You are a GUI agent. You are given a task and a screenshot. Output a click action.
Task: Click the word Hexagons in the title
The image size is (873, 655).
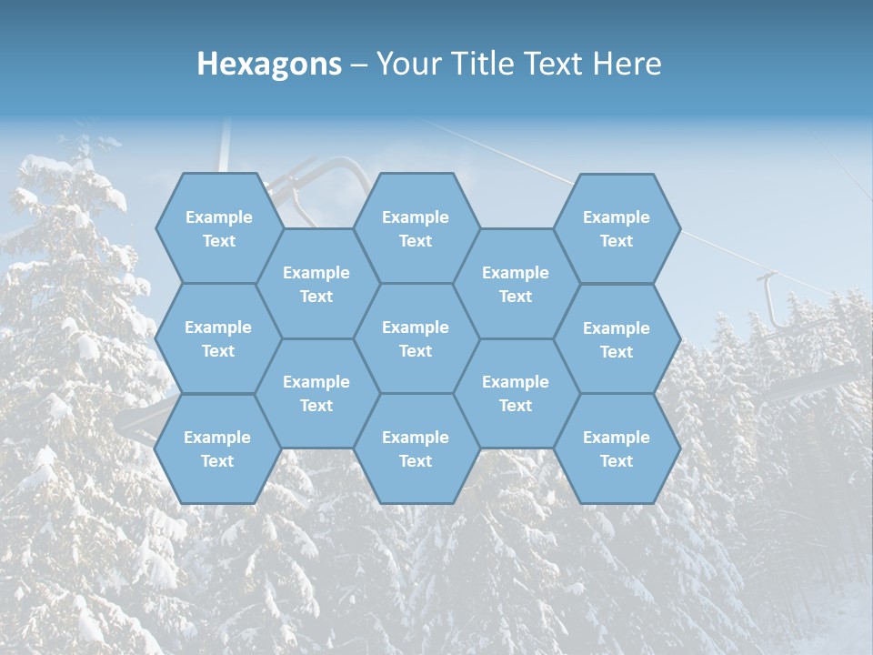(x=269, y=64)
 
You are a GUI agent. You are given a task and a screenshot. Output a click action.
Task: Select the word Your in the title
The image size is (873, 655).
(x=405, y=64)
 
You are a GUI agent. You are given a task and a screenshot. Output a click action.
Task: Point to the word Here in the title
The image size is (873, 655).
(x=627, y=64)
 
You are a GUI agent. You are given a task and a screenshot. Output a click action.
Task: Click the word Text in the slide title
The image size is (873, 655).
(x=554, y=64)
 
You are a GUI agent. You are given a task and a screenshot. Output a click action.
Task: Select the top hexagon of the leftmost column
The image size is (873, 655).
(x=218, y=228)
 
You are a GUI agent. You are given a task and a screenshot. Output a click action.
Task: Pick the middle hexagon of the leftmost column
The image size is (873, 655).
(x=218, y=338)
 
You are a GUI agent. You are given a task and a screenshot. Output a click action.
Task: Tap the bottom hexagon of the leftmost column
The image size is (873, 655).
(x=218, y=448)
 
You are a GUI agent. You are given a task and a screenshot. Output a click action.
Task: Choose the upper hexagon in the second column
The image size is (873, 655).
(x=316, y=284)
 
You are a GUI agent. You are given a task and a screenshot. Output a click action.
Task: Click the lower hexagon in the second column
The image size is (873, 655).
(x=316, y=393)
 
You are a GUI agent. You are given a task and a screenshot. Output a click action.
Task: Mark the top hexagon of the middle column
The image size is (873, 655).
(x=416, y=228)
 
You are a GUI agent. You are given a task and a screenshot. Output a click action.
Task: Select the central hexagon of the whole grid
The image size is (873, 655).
(x=416, y=338)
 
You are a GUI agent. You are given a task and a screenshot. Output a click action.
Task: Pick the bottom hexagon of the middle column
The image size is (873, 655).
(x=416, y=448)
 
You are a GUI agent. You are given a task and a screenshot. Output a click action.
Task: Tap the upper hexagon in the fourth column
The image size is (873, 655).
(x=516, y=284)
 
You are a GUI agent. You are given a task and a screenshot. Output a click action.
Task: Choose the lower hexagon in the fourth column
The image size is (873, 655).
(x=516, y=393)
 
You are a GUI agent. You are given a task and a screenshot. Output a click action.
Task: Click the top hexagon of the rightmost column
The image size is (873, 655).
(x=617, y=228)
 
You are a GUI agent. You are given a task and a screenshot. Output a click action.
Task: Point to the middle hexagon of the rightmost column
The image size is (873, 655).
(x=617, y=339)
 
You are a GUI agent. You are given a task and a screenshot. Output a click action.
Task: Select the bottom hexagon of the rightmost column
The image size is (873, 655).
(x=617, y=448)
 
